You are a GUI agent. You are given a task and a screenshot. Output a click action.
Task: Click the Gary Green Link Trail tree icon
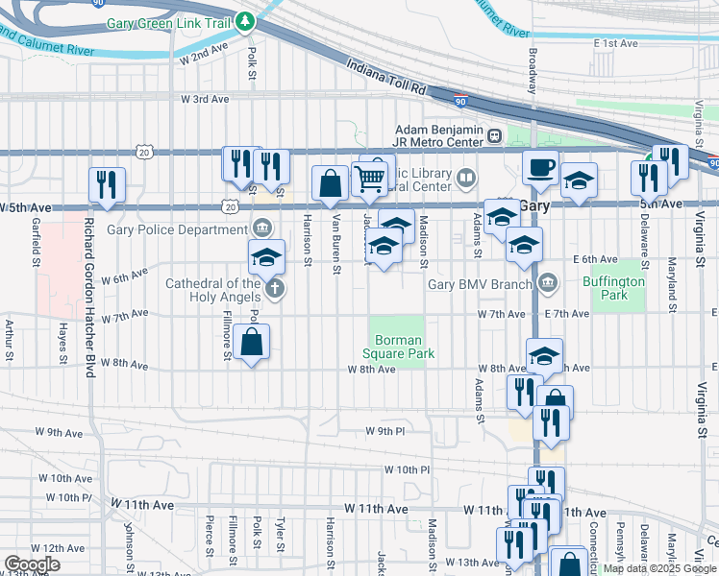click(245, 20)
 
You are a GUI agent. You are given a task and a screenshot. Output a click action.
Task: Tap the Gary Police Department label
click(178, 229)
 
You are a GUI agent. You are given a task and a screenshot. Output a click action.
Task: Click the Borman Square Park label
click(405, 347)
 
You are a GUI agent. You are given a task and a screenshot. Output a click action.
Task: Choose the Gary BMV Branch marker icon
click(547, 283)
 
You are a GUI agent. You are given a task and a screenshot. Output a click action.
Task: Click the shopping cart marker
click(370, 177)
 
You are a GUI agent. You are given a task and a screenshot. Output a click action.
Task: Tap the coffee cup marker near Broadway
click(540, 167)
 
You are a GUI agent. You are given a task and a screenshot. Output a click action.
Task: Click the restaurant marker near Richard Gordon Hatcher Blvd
click(107, 182)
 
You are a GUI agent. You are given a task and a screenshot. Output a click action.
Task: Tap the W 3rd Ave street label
click(205, 99)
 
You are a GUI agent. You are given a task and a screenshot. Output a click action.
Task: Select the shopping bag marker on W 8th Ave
click(251, 341)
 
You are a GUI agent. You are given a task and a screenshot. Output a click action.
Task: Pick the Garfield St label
click(35, 232)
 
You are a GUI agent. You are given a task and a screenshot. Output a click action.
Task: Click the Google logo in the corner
click(32, 564)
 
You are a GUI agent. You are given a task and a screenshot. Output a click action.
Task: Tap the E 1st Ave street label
click(616, 44)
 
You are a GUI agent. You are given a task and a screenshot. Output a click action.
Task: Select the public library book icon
click(466, 177)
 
